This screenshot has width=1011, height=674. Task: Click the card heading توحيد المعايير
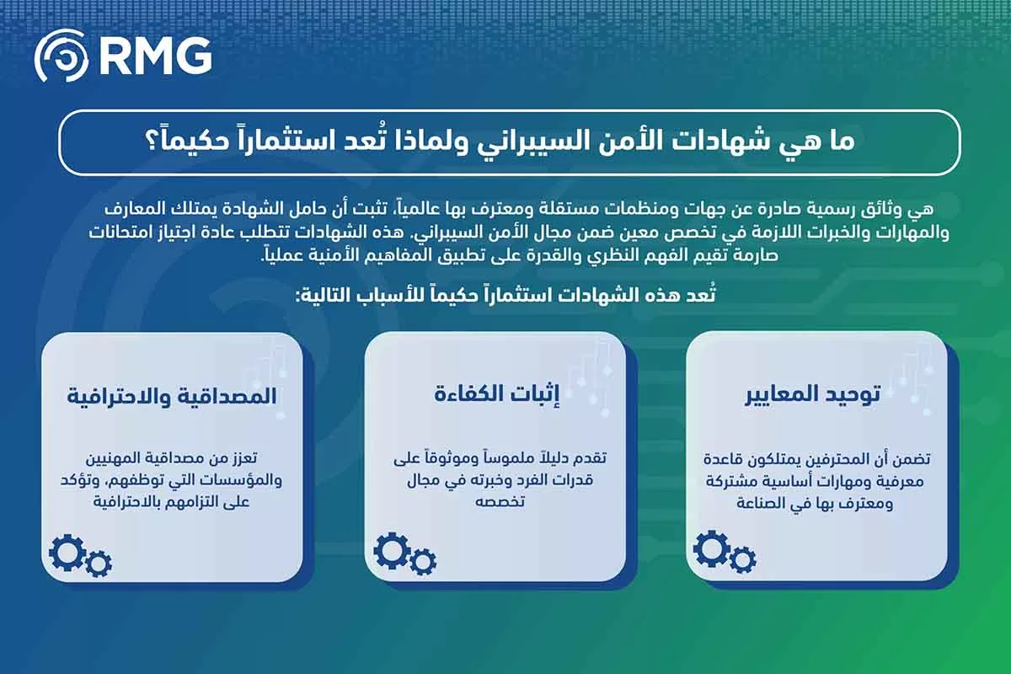point(812,394)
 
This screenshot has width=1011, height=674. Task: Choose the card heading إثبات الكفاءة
point(497,394)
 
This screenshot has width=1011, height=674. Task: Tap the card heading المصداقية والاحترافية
point(172,396)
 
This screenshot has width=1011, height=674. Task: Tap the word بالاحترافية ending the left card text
point(128,503)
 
